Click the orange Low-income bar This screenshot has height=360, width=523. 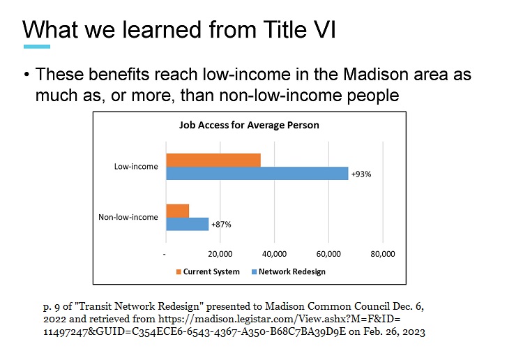click(x=213, y=160)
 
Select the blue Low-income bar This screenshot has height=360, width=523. click(x=257, y=174)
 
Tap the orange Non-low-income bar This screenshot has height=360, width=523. click(x=178, y=211)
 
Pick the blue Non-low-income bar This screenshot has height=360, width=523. click(x=188, y=224)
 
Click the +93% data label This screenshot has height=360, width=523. click(x=361, y=174)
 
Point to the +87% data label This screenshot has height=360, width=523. click(x=221, y=225)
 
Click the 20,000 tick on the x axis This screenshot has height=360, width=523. click(x=220, y=254)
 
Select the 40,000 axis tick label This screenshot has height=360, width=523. click(x=275, y=254)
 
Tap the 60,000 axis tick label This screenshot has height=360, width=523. click(x=328, y=254)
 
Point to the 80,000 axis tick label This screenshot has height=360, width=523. click(x=383, y=254)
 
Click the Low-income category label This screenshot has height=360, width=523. click(x=136, y=167)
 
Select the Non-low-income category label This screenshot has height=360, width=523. click(x=128, y=217)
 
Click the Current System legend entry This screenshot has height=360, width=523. click(x=208, y=272)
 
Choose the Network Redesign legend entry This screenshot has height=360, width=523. click(x=289, y=272)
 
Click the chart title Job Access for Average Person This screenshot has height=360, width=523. click(x=249, y=125)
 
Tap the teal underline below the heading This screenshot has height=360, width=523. click(x=37, y=47)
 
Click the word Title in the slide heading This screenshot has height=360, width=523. click(x=285, y=29)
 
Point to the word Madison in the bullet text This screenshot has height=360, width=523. click(x=376, y=74)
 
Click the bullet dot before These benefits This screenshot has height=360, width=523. click(x=26, y=74)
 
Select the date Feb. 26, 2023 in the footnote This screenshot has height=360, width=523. click(x=394, y=331)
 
